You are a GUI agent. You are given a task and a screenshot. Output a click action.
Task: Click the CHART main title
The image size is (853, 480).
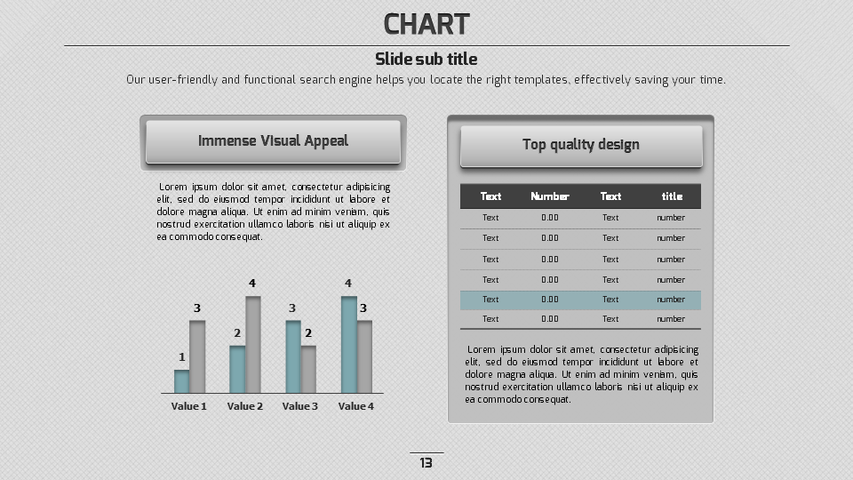click(426, 24)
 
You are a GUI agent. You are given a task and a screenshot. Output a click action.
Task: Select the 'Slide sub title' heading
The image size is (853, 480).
click(426, 60)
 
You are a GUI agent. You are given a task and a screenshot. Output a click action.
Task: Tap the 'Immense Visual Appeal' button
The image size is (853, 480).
click(273, 141)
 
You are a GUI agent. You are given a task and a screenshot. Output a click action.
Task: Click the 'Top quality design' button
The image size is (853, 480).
click(581, 145)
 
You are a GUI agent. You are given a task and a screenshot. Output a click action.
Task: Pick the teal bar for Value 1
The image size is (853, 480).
click(181, 381)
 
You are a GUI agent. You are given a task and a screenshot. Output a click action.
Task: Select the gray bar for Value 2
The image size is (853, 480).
click(253, 345)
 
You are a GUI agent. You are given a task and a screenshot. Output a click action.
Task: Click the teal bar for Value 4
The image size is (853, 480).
click(348, 345)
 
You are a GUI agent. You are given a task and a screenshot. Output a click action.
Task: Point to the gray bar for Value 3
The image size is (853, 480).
click(308, 369)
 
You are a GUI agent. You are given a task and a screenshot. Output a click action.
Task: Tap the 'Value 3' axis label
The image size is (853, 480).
click(300, 406)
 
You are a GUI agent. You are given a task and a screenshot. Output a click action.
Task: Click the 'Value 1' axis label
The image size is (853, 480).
click(188, 406)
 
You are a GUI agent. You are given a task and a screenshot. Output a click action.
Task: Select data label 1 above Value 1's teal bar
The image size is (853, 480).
click(182, 357)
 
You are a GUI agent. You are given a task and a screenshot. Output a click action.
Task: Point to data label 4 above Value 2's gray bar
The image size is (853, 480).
click(252, 284)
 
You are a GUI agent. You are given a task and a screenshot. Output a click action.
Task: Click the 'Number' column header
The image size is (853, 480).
click(550, 196)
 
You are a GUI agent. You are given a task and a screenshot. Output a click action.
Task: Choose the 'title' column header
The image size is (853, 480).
click(672, 196)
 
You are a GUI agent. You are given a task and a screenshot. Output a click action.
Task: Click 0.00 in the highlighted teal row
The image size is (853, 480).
click(550, 300)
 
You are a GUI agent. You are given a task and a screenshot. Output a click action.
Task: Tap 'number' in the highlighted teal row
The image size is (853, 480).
click(671, 300)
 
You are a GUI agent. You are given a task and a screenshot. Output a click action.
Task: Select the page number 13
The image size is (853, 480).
click(426, 463)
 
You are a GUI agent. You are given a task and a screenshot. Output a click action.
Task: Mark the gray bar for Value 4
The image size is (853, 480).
click(364, 356)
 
